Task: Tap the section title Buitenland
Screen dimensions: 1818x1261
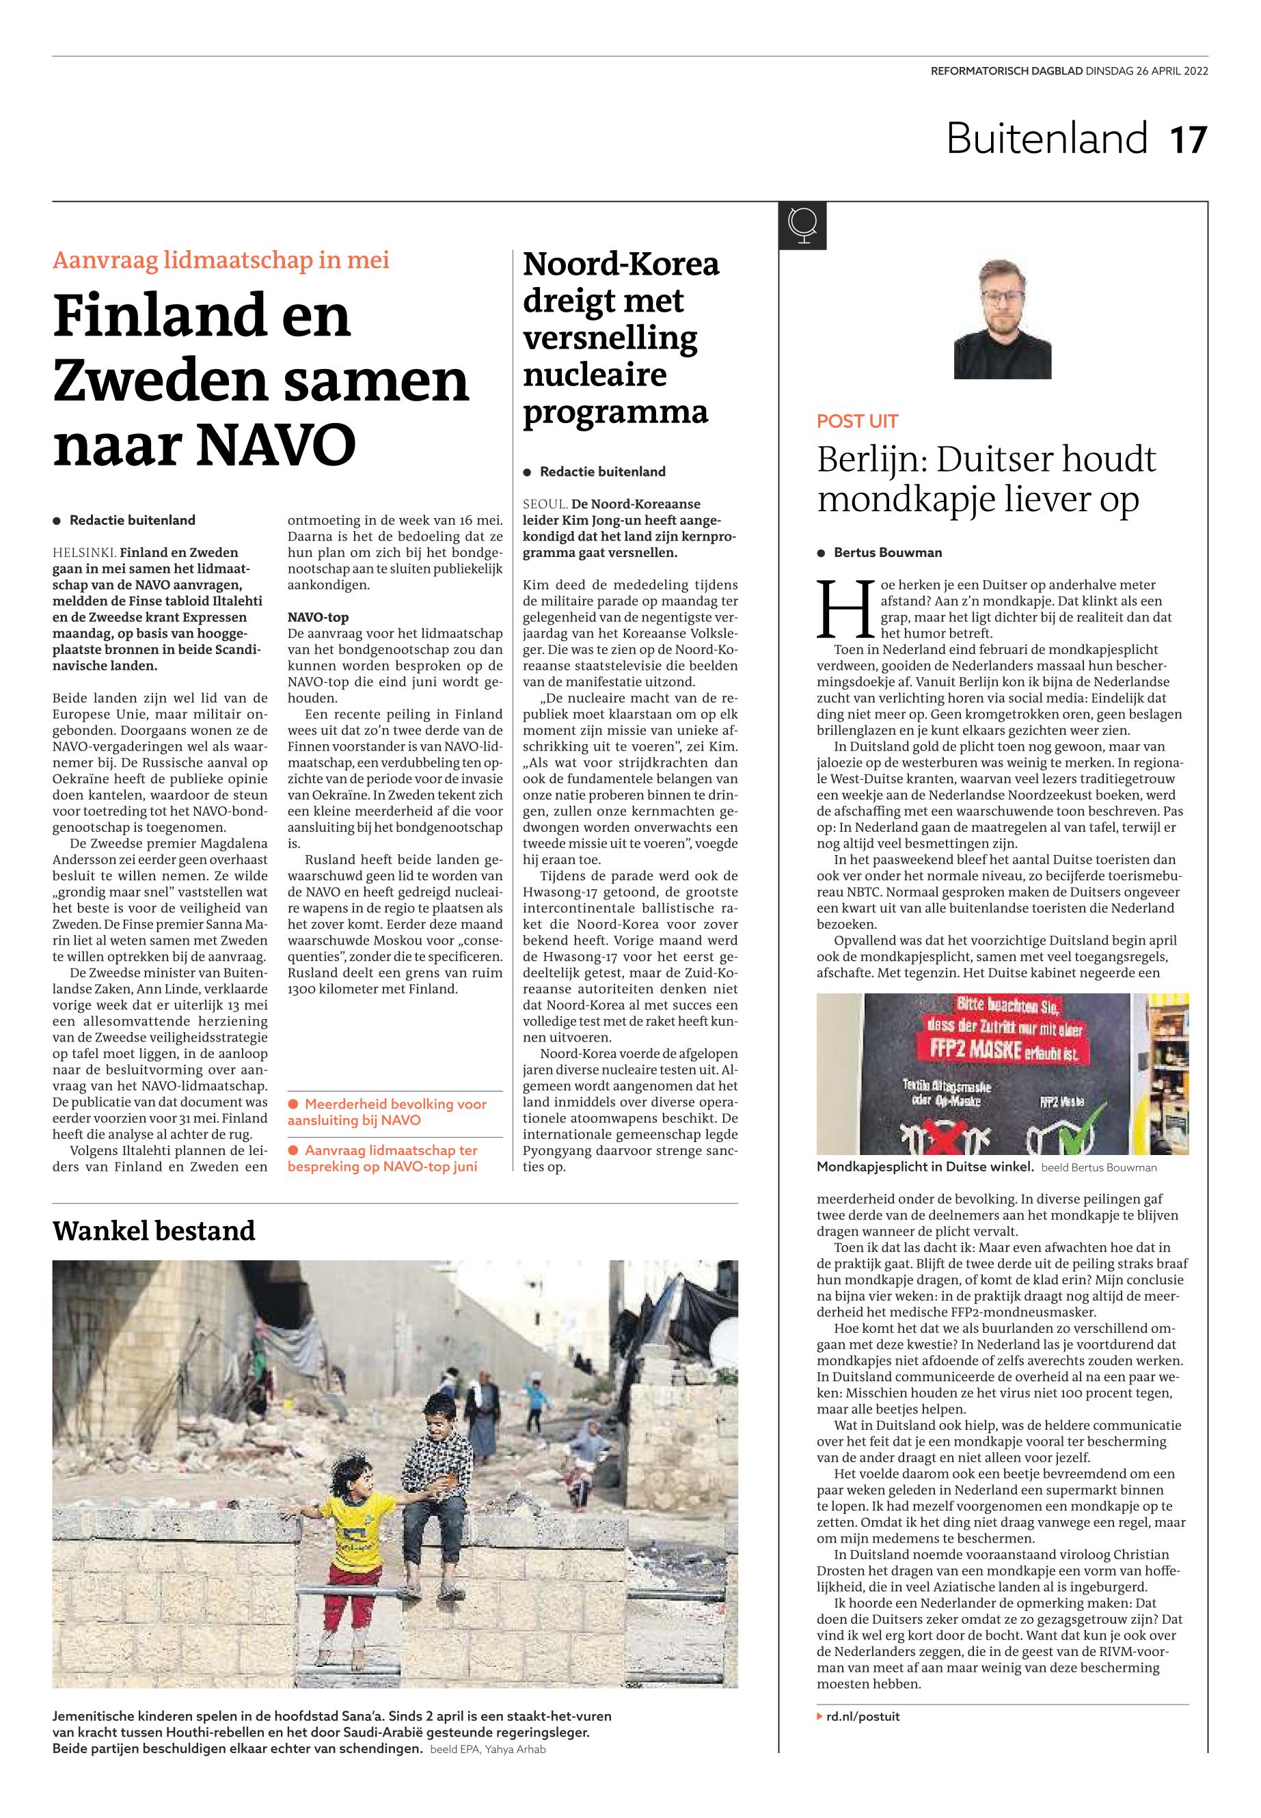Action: (x=1046, y=139)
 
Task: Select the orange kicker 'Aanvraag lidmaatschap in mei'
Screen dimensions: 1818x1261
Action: (x=221, y=260)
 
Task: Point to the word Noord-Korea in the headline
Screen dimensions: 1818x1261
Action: (x=621, y=264)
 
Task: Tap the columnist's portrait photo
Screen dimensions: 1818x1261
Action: (x=1002, y=319)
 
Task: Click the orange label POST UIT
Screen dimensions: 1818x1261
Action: (x=857, y=421)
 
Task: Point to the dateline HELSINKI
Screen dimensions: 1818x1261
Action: (x=84, y=552)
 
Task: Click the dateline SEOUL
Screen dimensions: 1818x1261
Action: (x=544, y=504)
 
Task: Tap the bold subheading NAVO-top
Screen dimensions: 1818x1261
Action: (x=318, y=617)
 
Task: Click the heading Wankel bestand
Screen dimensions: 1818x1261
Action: (x=154, y=1230)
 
